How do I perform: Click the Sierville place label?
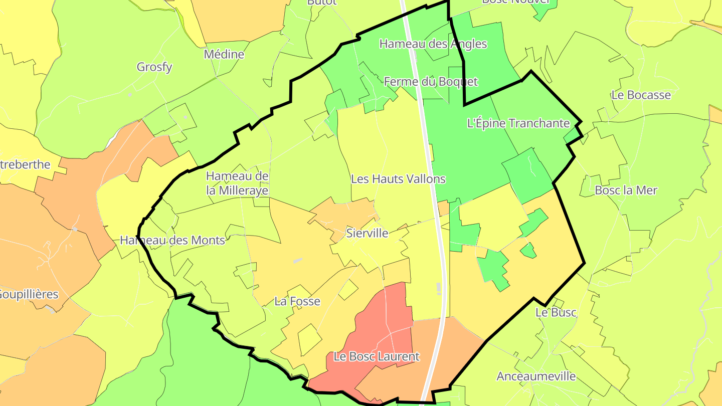point(368,233)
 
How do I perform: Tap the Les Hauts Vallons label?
point(398,179)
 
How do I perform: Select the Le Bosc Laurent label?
point(376,357)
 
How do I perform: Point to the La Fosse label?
point(297,301)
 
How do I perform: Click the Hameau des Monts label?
point(172,241)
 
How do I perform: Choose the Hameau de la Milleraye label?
point(237,183)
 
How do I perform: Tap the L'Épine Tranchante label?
point(518,123)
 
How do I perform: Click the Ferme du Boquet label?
point(431,82)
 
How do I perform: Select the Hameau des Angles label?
point(433,44)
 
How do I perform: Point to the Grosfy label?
point(154,67)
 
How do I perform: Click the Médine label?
point(224,54)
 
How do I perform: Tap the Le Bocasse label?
point(641,95)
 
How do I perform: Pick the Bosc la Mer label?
point(626,190)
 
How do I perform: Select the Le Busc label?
point(556,313)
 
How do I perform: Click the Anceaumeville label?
point(536,376)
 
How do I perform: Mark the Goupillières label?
point(29,294)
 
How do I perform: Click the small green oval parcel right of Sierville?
point(528,250)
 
